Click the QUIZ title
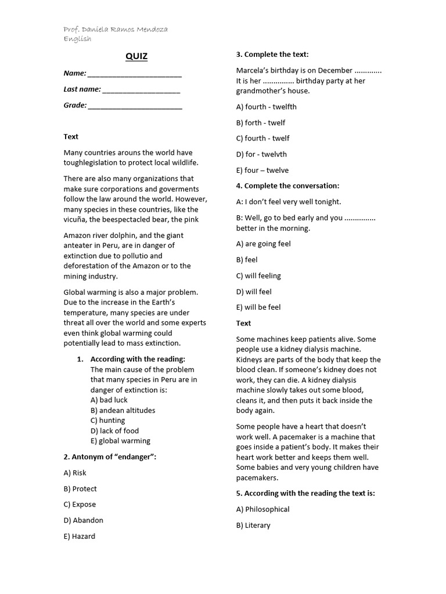click(x=136, y=56)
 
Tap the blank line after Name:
click(x=135, y=75)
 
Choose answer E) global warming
click(x=120, y=441)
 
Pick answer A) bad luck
click(x=109, y=400)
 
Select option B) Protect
click(x=80, y=488)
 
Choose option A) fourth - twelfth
click(x=266, y=107)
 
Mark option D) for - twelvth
click(x=261, y=154)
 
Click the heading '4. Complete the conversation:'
click(x=287, y=186)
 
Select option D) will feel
click(x=254, y=292)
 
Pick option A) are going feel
click(x=263, y=244)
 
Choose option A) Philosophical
click(x=262, y=509)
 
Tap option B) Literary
click(x=253, y=525)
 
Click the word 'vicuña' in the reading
click(x=75, y=219)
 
